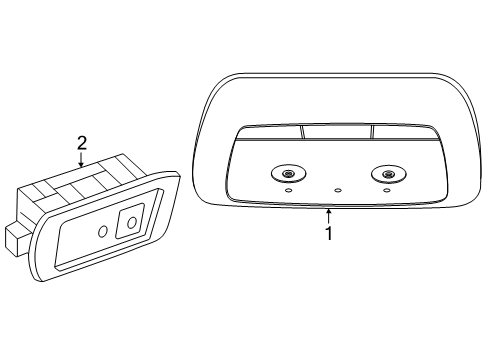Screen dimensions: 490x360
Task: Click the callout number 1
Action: pos(329,233)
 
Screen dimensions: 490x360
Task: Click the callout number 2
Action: pos(82,143)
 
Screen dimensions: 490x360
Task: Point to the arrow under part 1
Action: pos(329,216)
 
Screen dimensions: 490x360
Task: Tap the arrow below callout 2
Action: pos(81,159)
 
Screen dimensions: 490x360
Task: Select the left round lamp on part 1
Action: pos(289,174)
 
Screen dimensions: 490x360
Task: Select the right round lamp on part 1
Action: pos(389,174)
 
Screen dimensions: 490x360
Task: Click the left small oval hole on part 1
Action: pos(289,191)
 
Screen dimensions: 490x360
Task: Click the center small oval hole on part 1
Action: pos(338,191)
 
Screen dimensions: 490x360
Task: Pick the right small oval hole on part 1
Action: pos(387,191)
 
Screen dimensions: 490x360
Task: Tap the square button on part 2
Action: pos(130,221)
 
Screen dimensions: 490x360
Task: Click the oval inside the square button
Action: pos(132,222)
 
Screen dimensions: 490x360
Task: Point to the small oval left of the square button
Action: pos(103,231)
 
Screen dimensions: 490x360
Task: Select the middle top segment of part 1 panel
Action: pos(337,131)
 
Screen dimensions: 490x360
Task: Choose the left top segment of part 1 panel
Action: pos(271,132)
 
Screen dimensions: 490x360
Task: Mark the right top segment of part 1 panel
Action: pos(404,131)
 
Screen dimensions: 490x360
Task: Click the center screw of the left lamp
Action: pos(287,173)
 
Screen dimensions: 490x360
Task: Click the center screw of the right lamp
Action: pos(387,174)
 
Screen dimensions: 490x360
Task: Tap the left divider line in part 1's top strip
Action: pos(302,132)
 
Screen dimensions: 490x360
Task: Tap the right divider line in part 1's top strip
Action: pos(372,131)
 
